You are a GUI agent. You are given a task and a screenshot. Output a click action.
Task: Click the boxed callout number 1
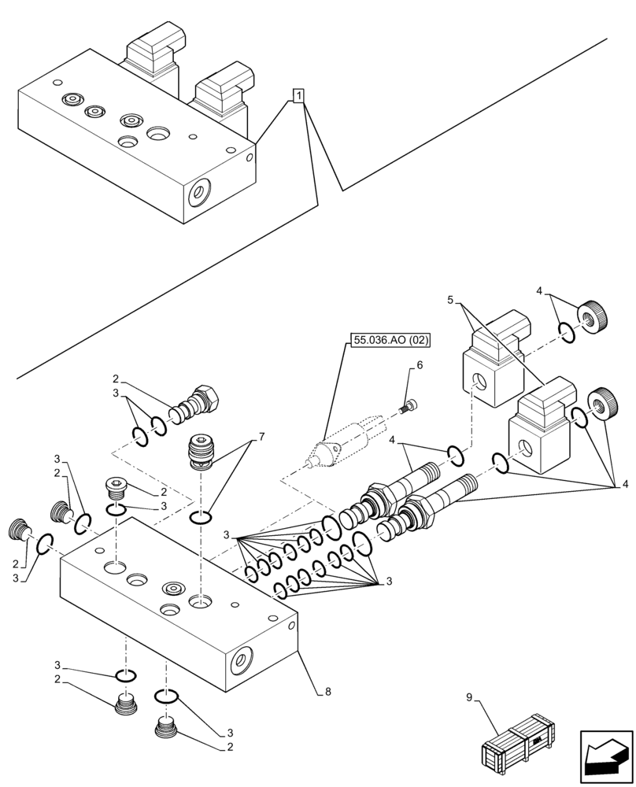pos(299,96)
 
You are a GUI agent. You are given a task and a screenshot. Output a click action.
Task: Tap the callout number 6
pos(420,365)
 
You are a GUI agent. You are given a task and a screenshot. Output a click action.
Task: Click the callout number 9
pos(469,696)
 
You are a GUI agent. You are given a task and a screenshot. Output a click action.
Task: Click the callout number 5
pos(451,300)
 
